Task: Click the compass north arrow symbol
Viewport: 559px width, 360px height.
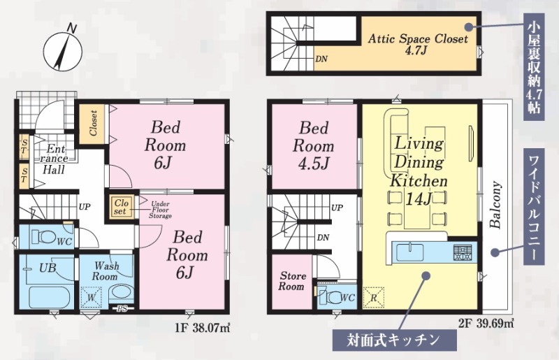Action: pyautogui.click(x=63, y=50)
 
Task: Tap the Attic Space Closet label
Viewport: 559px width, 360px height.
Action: pyautogui.click(x=417, y=44)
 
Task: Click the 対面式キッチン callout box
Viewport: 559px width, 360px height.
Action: pyautogui.click(x=394, y=340)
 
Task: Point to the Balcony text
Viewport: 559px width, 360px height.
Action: pyautogui.click(x=495, y=205)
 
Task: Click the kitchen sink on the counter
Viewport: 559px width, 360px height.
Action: pyautogui.click(x=411, y=253)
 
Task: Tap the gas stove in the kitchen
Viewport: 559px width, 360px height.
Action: pyautogui.click(x=463, y=252)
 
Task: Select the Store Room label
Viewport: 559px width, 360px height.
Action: pyautogui.click(x=292, y=281)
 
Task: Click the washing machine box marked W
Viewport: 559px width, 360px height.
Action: pyautogui.click(x=92, y=297)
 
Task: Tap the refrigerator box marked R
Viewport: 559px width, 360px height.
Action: pyautogui.click(x=374, y=298)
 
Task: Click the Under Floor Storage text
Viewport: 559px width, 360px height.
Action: pyautogui.click(x=160, y=210)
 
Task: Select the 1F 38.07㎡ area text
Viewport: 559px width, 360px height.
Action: pyautogui.click(x=203, y=327)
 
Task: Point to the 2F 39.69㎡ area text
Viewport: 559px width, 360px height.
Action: pyautogui.click(x=486, y=324)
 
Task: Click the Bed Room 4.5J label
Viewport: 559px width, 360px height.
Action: pyautogui.click(x=313, y=145)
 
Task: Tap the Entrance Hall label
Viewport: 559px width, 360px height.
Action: pyautogui.click(x=54, y=159)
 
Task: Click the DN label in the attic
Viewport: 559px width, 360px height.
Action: pyautogui.click(x=321, y=59)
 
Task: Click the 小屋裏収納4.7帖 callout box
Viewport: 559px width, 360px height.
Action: pyautogui.click(x=534, y=66)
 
